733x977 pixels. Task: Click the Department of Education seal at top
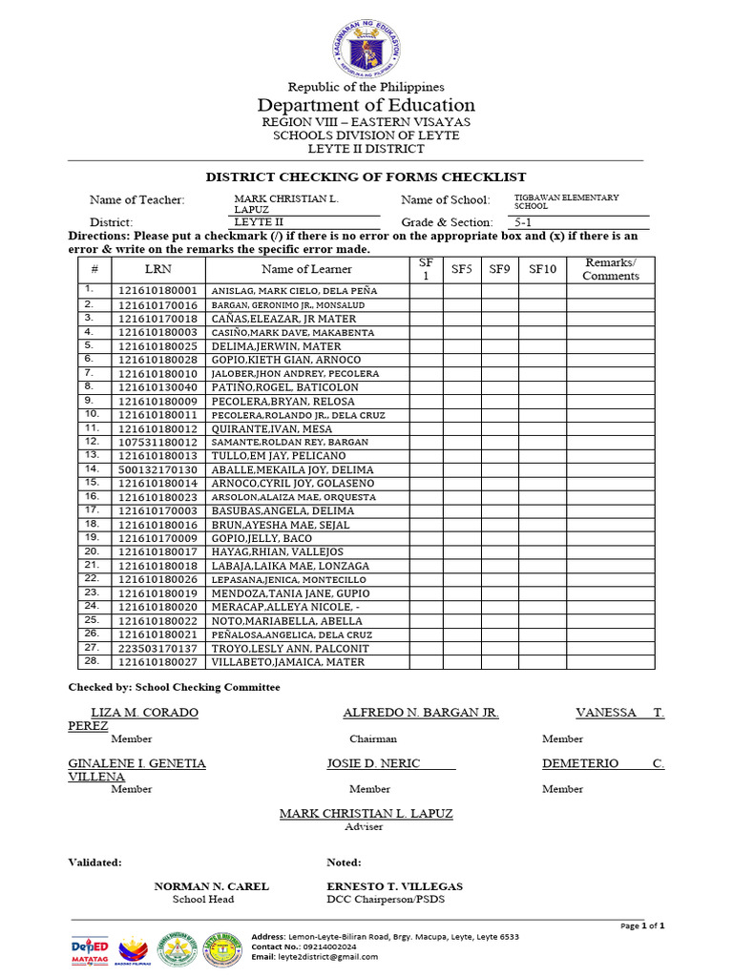coord(366,49)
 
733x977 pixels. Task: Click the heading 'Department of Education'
coord(366,105)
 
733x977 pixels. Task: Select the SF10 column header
coord(542,270)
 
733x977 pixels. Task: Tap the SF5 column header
coord(462,270)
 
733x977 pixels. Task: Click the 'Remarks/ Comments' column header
coord(611,270)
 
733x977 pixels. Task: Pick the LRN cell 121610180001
coord(157,290)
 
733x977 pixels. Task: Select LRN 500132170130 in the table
coord(157,469)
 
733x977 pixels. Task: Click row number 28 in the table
coord(92,661)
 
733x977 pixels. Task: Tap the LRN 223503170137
coord(157,649)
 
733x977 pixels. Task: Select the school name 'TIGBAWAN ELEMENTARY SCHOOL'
coord(566,201)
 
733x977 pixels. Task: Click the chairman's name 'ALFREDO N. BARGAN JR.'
coord(421,714)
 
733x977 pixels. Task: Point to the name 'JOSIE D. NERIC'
coord(373,764)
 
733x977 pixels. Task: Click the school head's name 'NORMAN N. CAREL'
coord(211,886)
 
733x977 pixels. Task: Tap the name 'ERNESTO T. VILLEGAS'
coord(394,886)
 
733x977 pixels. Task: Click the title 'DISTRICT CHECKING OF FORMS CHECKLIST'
coord(366,177)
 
